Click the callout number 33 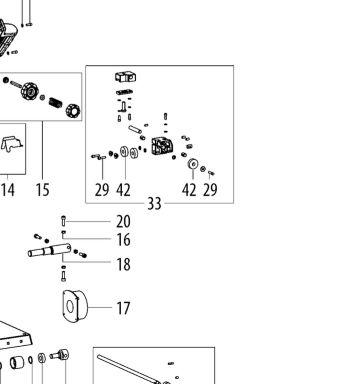click(154, 203)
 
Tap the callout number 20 click(123, 222)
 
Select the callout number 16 click(123, 240)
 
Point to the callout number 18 click(123, 264)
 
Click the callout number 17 click(123, 308)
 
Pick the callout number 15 click(43, 190)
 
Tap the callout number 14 click(8, 190)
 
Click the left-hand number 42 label click(123, 190)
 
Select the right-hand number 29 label click(210, 190)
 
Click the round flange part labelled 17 click(74, 307)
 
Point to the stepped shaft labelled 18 click(49, 250)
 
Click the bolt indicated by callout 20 click(64, 221)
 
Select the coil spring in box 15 click(55, 102)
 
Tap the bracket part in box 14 click(12, 144)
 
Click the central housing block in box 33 click(162, 146)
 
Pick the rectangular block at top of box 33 click(125, 77)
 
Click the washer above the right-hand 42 click(193, 164)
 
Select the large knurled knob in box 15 click(29, 90)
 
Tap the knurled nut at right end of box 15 click(73, 110)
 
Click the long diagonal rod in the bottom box click(128, 369)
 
